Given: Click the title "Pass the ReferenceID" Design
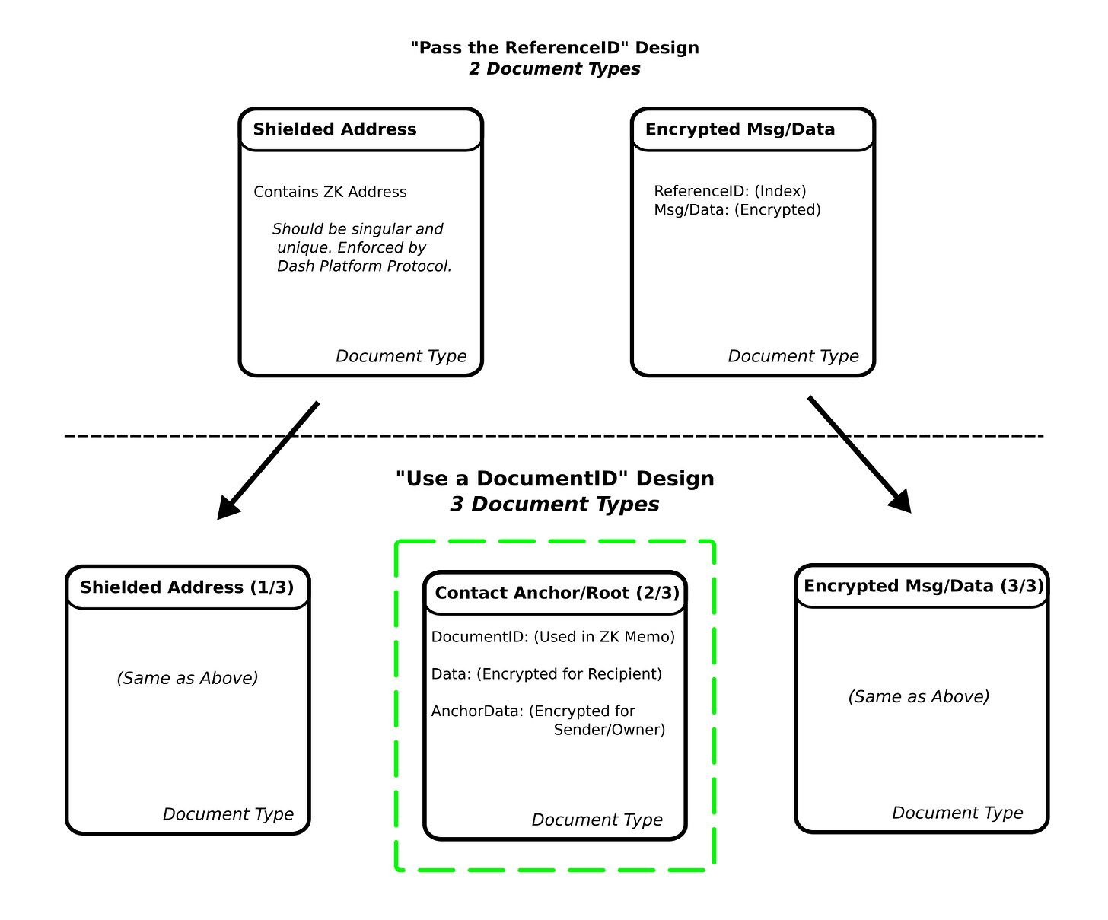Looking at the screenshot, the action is click(555, 48).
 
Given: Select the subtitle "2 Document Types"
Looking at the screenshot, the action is click(555, 69).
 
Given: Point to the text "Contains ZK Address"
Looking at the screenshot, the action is click(330, 192).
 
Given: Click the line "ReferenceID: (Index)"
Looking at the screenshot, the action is click(730, 191).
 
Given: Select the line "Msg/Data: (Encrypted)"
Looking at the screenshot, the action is click(737, 209).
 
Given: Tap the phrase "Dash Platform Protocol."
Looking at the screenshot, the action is click(364, 266).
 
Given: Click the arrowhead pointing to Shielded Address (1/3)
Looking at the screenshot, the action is click(228, 508).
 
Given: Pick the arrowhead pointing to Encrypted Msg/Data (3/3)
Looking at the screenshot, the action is click(900, 502).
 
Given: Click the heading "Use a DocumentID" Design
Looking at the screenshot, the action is click(555, 479).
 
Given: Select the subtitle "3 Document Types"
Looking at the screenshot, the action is click(555, 504).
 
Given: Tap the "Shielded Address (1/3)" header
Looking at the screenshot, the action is click(186, 587).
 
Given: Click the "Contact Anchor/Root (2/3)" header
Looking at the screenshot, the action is click(557, 593).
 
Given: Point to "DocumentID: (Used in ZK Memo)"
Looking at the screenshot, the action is click(553, 637).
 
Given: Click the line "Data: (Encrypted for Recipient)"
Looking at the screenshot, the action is click(546, 673).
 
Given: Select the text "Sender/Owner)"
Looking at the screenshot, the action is click(610, 730).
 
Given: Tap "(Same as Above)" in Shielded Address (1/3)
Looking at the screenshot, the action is click(187, 678).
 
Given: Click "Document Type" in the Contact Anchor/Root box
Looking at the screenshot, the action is click(597, 820).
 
